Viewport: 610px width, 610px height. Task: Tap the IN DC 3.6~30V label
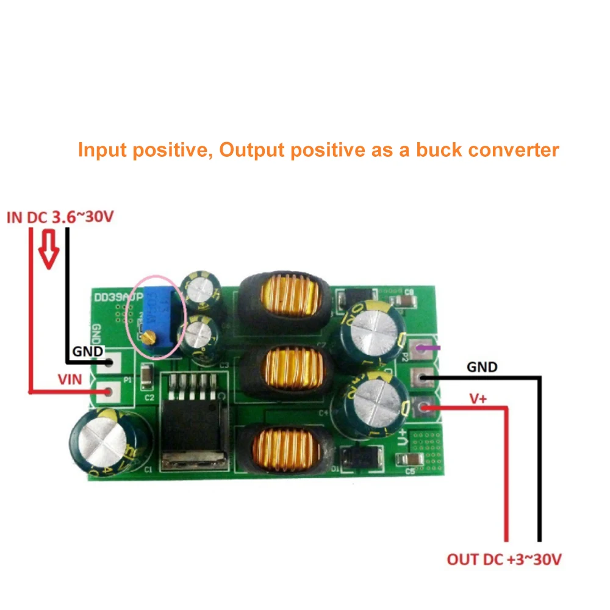(x=60, y=217)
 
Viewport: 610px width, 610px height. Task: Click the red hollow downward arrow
(x=49, y=251)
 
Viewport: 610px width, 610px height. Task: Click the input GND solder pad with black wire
(x=110, y=364)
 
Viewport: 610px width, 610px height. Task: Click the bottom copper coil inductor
(x=285, y=450)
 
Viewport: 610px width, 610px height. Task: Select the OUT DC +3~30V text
(x=504, y=559)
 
